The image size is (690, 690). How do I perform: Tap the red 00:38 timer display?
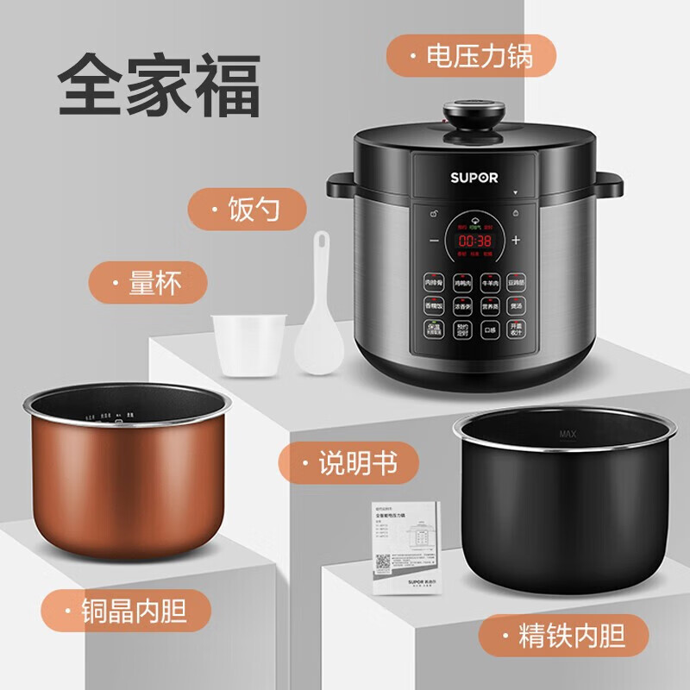474,241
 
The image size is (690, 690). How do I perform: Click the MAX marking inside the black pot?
568,433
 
